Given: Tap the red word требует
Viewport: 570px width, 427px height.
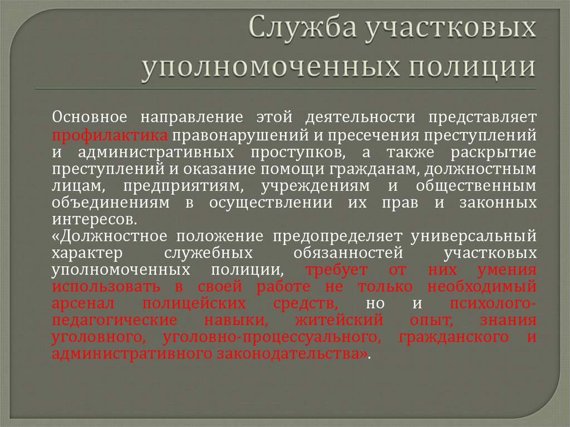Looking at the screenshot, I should point(336,271).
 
